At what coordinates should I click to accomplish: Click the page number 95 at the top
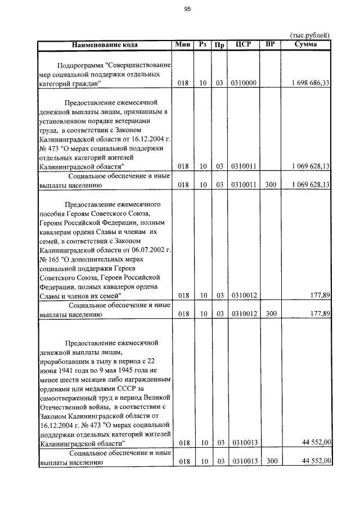point(187,9)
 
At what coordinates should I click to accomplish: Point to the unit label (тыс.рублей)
point(309,35)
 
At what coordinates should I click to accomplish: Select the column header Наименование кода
point(104,44)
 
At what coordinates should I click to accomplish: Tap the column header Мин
point(183,44)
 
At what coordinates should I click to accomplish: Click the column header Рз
point(203,44)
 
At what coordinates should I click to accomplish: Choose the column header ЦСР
point(244,44)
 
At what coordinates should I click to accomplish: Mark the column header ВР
point(270,44)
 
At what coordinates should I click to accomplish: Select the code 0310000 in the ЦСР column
point(244,83)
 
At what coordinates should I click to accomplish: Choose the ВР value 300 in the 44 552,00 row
point(272,461)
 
